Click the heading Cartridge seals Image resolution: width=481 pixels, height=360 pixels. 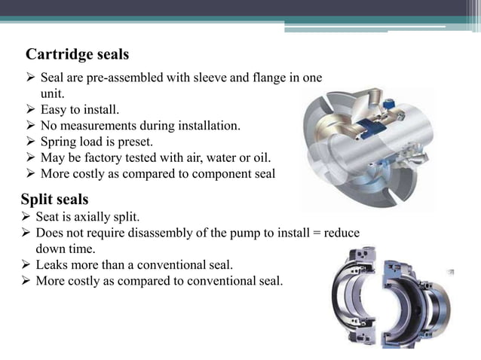(x=77, y=55)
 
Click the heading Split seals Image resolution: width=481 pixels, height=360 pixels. (x=54, y=200)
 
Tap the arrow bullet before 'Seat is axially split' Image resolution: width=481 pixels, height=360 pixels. (x=26, y=217)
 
